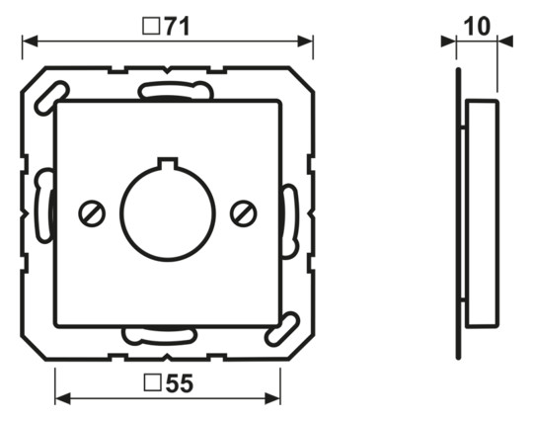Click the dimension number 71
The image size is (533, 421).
(178, 27)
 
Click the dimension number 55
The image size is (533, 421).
(180, 383)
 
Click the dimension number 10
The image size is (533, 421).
(478, 26)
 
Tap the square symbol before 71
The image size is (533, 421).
(151, 27)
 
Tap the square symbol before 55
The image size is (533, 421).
(152, 382)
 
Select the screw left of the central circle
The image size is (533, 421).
(92, 213)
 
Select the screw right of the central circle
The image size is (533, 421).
(244, 213)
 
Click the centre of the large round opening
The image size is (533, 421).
(168, 213)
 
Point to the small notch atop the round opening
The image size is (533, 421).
(168, 162)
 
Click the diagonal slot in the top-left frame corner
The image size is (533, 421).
(51, 98)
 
